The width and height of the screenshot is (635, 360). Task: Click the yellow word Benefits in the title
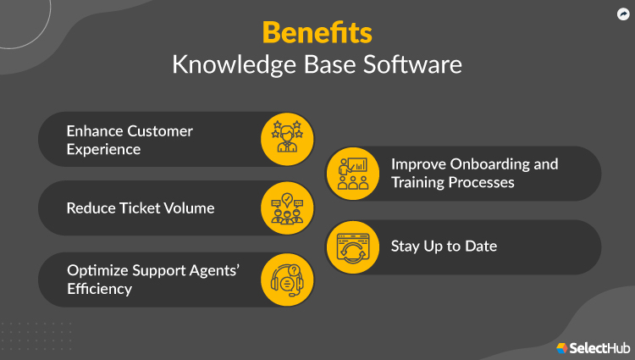[x=317, y=31]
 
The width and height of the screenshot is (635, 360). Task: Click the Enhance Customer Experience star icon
[x=286, y=139]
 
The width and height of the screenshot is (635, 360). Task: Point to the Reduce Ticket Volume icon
[x=286, y=208]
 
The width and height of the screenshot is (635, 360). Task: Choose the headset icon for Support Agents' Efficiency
[x=286, y=280]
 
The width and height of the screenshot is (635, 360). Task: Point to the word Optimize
[x=97, y=270]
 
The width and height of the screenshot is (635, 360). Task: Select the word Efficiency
[x=99, y=289]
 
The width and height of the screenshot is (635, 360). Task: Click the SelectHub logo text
[x=598, y=347]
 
